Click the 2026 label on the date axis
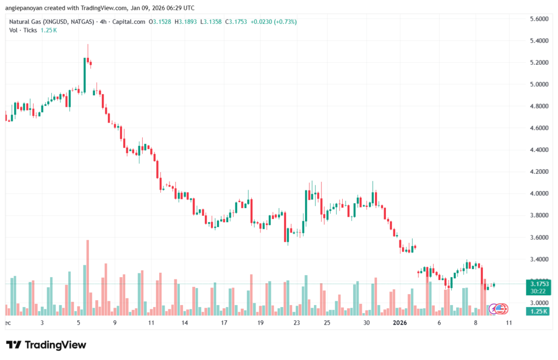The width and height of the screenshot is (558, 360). pos(400,323)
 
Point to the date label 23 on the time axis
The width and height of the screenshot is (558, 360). pos(296,323)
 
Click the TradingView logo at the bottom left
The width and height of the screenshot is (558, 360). pos(46,345)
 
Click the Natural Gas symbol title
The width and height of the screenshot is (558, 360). pos(48,22)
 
